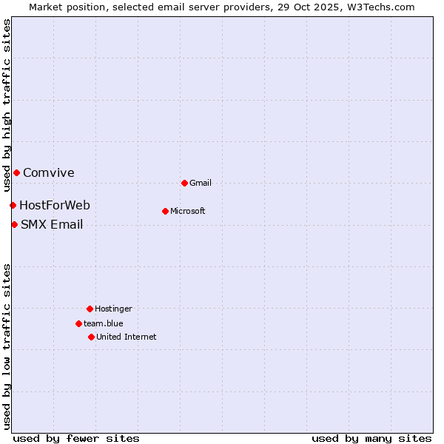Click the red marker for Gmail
184,183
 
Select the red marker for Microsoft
165,211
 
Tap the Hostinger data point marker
90,309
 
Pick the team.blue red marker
78,323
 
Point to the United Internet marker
91,337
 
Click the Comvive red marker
16,172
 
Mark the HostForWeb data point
13,205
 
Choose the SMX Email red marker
14,224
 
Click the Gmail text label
201,183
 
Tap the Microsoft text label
188,211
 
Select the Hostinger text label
113,309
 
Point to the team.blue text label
104,323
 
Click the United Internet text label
127,337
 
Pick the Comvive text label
49,172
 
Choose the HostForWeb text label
55,205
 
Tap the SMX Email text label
52,224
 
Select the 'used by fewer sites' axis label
76,438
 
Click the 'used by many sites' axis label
371,438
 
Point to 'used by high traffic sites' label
7,105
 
